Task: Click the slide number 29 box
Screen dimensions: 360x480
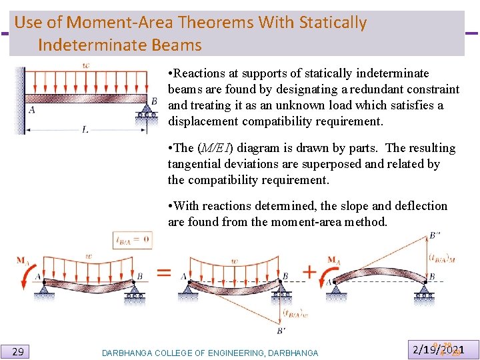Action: click(x=19, y=351)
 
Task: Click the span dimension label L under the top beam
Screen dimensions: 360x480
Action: click(x=85, y=130)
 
